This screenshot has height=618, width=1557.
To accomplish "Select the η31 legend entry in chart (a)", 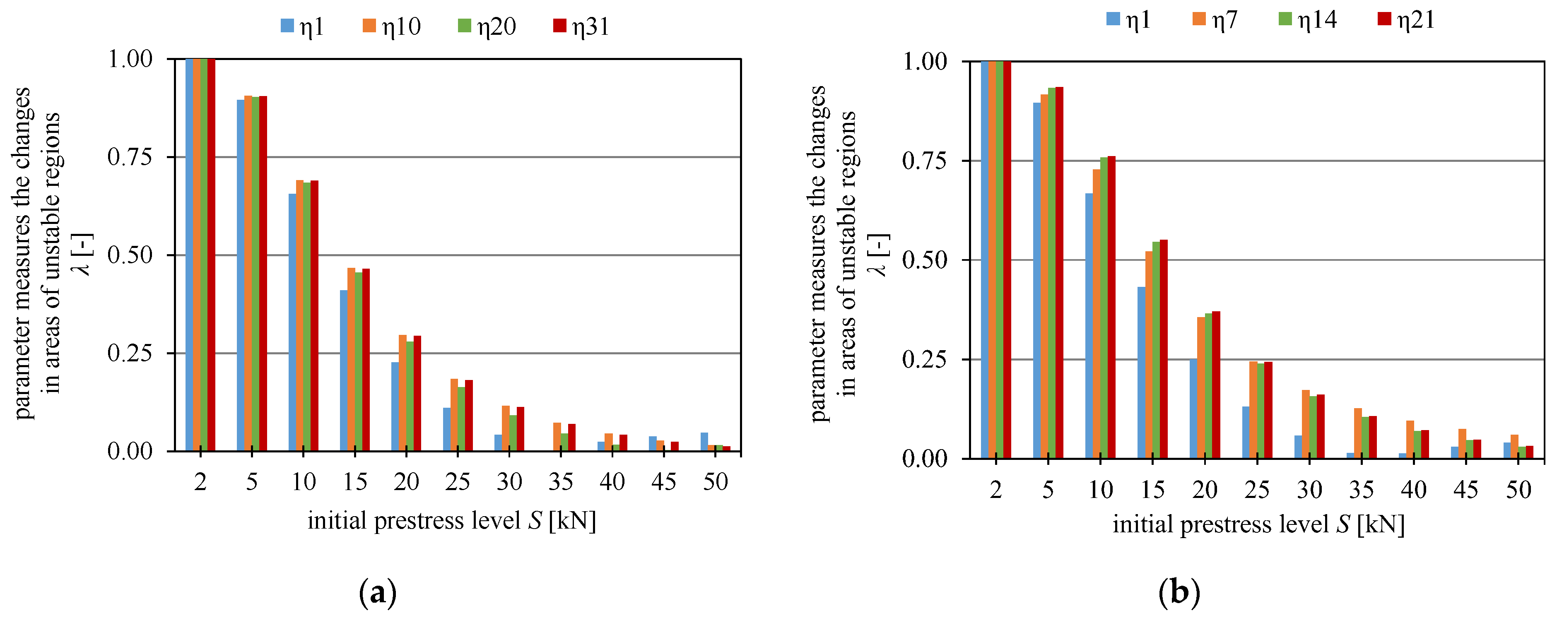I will coord(581,26).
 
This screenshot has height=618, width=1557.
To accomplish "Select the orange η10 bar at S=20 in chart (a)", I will coord(403,393).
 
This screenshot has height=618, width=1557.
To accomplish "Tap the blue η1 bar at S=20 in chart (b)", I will coord(1193,409).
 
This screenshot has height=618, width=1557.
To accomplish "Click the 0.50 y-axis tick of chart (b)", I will coord(924,260).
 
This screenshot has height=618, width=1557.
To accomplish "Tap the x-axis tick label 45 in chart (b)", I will coord(1466,489).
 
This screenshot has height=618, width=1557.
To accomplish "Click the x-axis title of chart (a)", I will coord(451,521).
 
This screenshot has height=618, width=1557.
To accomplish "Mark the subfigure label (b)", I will coord(1179,593).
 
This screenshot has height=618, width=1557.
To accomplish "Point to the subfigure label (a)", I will coord(378,593).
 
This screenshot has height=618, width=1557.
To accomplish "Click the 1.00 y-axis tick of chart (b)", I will coord(924,62).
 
